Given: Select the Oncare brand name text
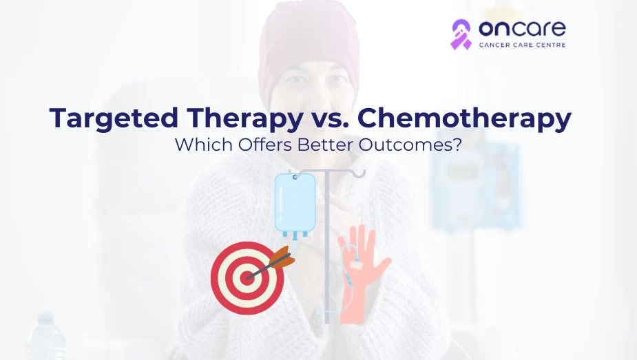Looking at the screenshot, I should (x=521, y=29).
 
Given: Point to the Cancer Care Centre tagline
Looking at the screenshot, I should (x=521, y=45).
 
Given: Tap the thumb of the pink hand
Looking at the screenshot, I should (x=382, y=265).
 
